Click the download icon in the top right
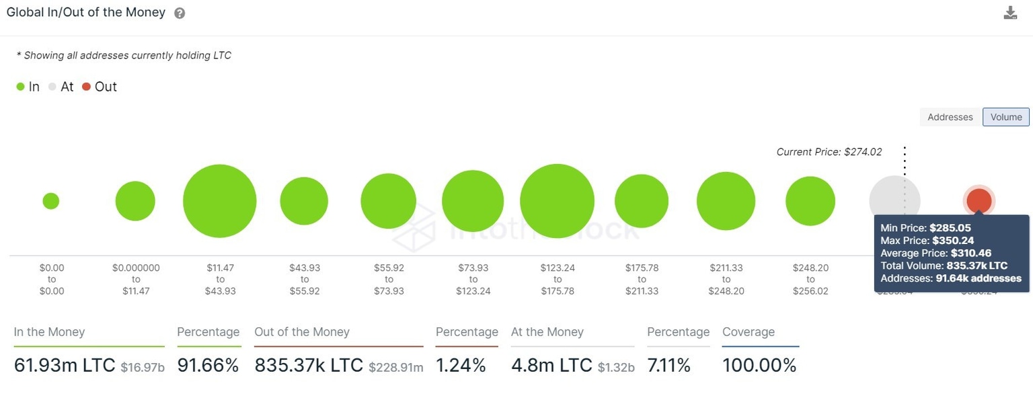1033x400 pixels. point(1010,13)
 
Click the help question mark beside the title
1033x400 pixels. point(180,13)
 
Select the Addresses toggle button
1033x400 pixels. point(950,117)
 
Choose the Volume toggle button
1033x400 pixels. point(1005,117)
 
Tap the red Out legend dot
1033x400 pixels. point(86,87)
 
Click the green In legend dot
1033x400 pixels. point(20,87)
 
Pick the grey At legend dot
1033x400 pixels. point(52,87)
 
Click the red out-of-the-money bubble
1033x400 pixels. point(979,200)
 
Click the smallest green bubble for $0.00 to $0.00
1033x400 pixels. point(51,201)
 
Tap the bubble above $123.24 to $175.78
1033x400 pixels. point(557,201)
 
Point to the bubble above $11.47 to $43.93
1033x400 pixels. point(220,201)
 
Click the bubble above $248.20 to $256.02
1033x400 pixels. point(810,201)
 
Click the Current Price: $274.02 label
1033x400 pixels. point(829,152)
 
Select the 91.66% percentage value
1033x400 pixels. point(208,366)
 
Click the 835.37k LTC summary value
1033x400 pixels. point(309,366)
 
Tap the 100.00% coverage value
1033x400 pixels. point(759,366)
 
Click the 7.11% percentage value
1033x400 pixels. point(668,366)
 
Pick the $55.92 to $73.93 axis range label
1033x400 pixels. point(389,279)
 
